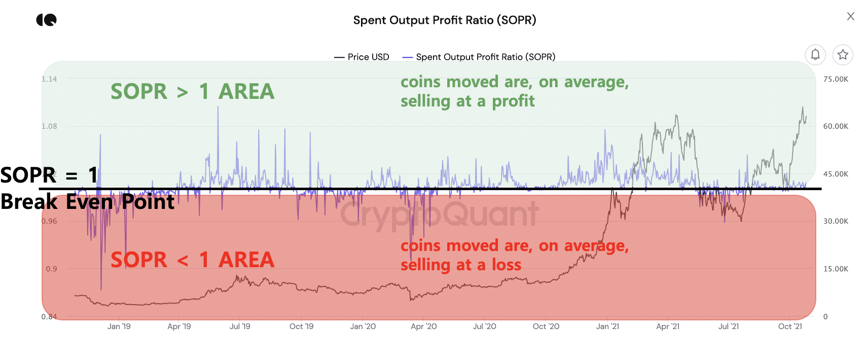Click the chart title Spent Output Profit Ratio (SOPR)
tap(444, 20)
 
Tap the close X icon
tap(850, 16)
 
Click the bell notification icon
tap(815, 54)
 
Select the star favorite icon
tap(843, 54)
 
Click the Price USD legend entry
tap(362, 57)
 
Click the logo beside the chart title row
tap(47, 20)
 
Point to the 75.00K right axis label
tap(835, 79)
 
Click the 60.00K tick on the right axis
tap(835, 126)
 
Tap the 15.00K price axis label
tap(835, 269)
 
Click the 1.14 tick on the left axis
tap(49, 79)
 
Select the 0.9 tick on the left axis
tap(51, 269)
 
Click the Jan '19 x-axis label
tap(119, 327)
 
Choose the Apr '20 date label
tap(423, 327)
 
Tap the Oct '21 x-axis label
tap(790, 327)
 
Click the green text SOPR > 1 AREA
tap(192, 92)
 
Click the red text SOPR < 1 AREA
tap(192, 260)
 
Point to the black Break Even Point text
tap(87, 202)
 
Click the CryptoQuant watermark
tap(439, 214)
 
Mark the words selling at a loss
tap(460, 265)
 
